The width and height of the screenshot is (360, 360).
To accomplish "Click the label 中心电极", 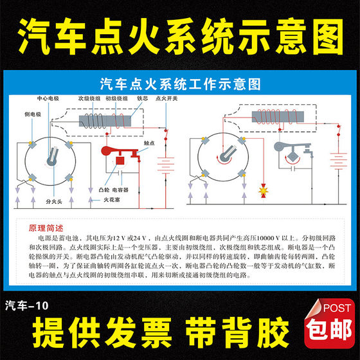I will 48,100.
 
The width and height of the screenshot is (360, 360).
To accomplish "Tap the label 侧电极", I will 30,114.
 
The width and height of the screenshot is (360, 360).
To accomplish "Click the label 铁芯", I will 142,100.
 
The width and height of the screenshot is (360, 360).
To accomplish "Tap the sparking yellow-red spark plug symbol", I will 263,191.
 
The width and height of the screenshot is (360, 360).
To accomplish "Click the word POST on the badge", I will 334,308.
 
